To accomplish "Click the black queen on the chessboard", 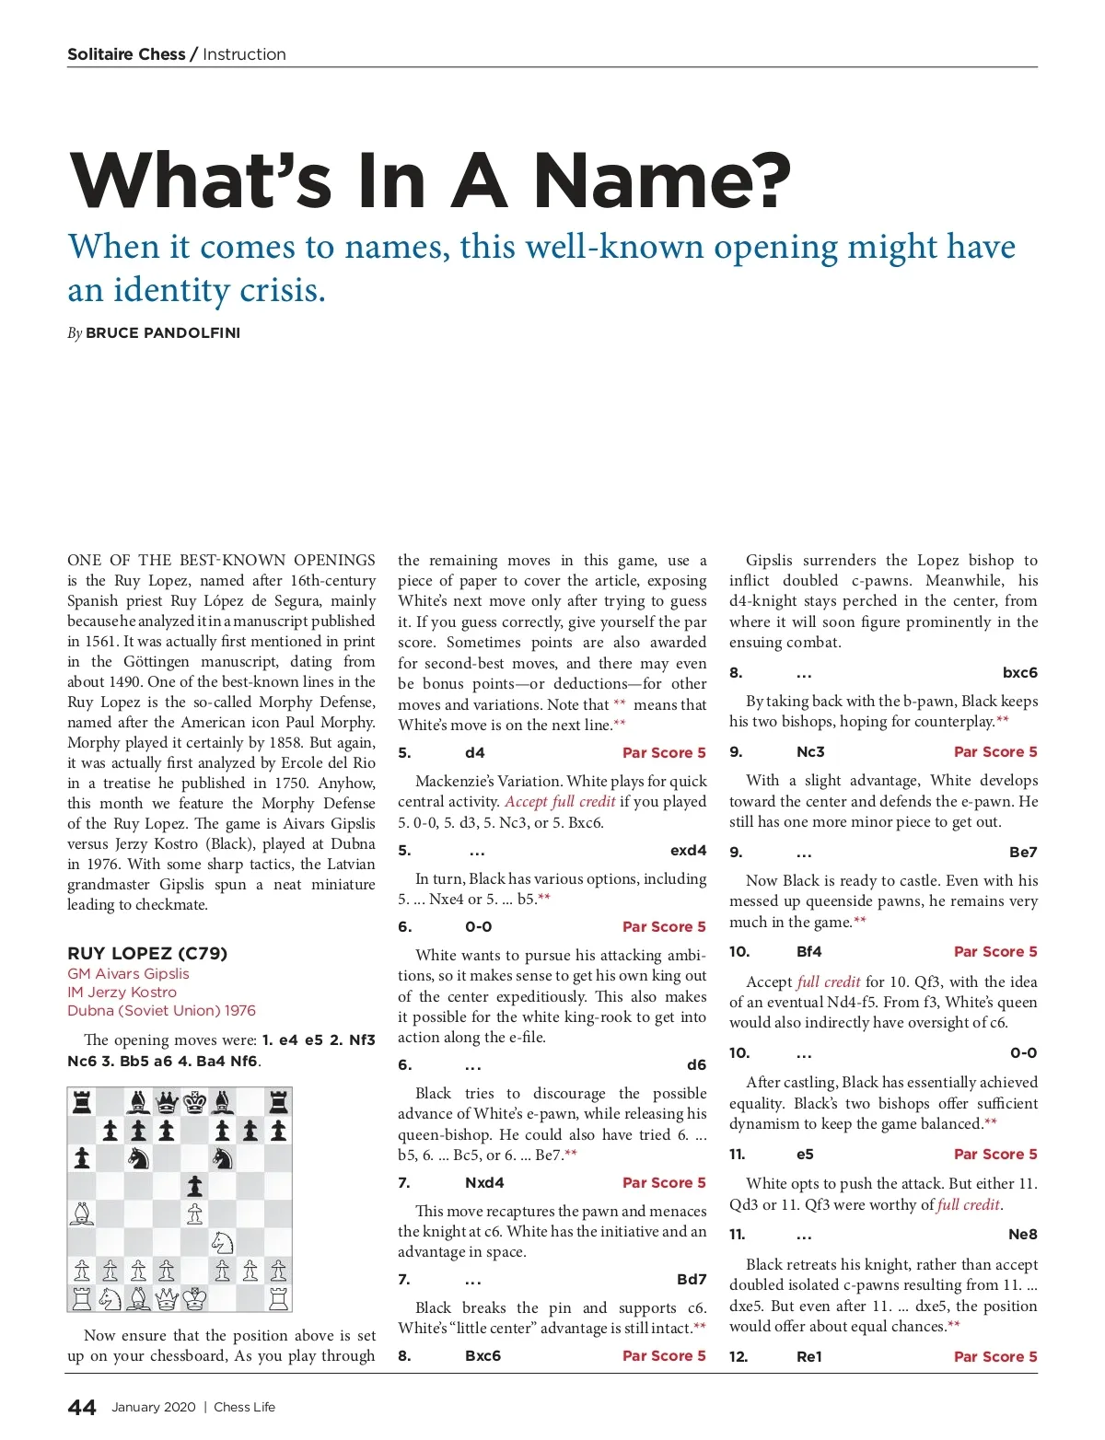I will tap(167, 1101).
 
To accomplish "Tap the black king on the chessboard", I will tap(194, 1101).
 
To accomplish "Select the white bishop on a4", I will tap(82, 1214).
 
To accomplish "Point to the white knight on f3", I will tap(222, 1242).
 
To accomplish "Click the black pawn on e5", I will tap(194, 1185).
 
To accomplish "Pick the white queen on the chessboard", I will tap(167, 1298).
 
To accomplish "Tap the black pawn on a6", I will tap(82, 1157).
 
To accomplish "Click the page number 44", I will tap(82, 1407).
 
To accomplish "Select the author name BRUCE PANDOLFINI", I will tap(163, 332).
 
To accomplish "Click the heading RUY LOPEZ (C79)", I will tap(147, 953).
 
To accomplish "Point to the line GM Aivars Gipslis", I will tap(128, 973).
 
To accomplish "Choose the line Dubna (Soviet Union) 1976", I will tap(161, 1010).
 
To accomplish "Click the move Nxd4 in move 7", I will tap(484, 1182).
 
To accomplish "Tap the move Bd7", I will tap(692, 1279).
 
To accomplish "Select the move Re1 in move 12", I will tap(809, 1356).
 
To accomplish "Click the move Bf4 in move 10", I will tap(809, 951).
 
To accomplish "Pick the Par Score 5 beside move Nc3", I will tap(995, 751).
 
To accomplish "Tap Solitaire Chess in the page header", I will tap(126, 54).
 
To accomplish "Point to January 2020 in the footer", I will tap(154, 1407).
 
